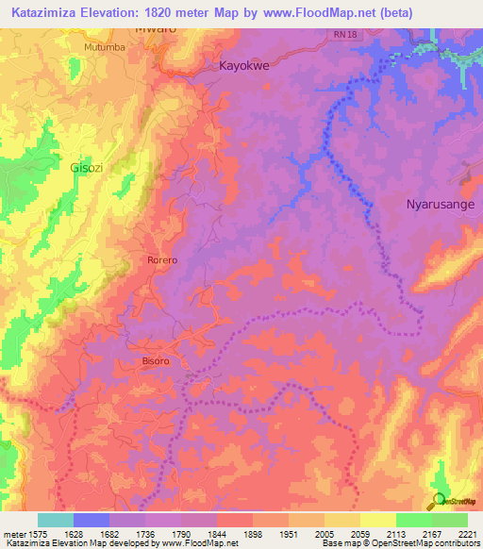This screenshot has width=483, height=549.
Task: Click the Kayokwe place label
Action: [244, 67]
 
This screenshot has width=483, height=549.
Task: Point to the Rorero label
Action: [161, 259]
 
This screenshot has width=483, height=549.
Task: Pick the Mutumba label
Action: [104, 46]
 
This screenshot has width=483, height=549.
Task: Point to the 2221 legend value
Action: [467, 533]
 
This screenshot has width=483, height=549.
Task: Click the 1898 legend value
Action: [253, 533]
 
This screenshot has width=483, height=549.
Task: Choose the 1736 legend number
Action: [146, 533]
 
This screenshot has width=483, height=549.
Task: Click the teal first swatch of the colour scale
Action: [56, 520]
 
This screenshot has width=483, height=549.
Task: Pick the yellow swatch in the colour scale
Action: [377, 520]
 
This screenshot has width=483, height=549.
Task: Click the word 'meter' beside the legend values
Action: [15, 533]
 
